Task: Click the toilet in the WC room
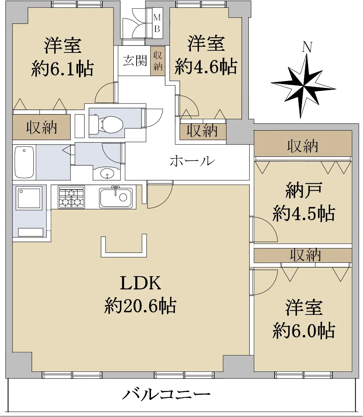106,124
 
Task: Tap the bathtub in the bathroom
24,162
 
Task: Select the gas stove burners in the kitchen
71,197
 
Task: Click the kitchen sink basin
116,197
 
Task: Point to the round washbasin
107,174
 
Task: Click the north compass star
304,86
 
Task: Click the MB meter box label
157,23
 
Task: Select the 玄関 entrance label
135,60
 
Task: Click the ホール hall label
192,161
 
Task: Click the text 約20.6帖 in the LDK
140,306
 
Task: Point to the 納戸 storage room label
304,190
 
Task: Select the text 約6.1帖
62,69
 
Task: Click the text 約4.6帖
206,66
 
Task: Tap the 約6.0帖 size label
304,331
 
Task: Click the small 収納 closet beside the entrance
158,61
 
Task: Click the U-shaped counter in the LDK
124,246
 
